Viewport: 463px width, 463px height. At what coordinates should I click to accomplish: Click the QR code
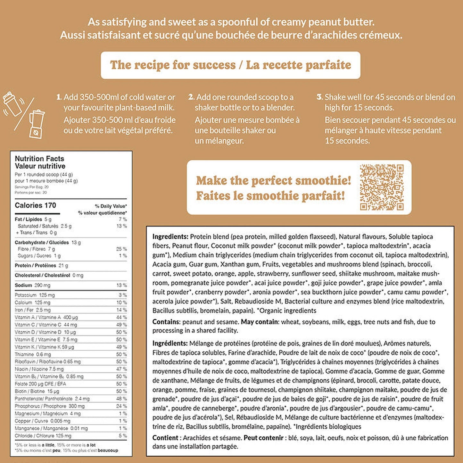[x=382, y=187]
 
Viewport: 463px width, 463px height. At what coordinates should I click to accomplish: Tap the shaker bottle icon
[x=12, y=103]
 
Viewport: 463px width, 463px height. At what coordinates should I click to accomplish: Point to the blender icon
[x=36, y=124]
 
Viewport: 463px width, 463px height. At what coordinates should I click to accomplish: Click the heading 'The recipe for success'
[x=173, y=65]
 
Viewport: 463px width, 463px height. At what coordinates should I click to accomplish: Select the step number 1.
[x=59, y=97]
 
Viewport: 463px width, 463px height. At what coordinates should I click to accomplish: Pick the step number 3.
[x=319, y=97]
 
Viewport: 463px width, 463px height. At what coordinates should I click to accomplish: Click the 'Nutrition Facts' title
[x=39, y=159]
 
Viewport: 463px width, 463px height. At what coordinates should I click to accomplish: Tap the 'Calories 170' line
[x=35, y=205]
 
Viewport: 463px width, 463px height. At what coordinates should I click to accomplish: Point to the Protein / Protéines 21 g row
[x=41, y=266]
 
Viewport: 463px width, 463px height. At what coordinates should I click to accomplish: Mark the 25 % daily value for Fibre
[x=121, y=249]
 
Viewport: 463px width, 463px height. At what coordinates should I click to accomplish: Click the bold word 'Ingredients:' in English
[x=170, y=237]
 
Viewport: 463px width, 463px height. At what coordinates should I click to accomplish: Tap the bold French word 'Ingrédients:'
[x=170, y=343]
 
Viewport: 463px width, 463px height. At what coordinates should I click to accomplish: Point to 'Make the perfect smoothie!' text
[x=274, y=181]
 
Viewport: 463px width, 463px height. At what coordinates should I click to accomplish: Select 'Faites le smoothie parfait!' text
[x=270, y=196]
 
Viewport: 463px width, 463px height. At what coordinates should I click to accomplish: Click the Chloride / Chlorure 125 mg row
[x=43, y=436]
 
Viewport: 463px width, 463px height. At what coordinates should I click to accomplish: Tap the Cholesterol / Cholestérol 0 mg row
[x=49, y=275]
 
